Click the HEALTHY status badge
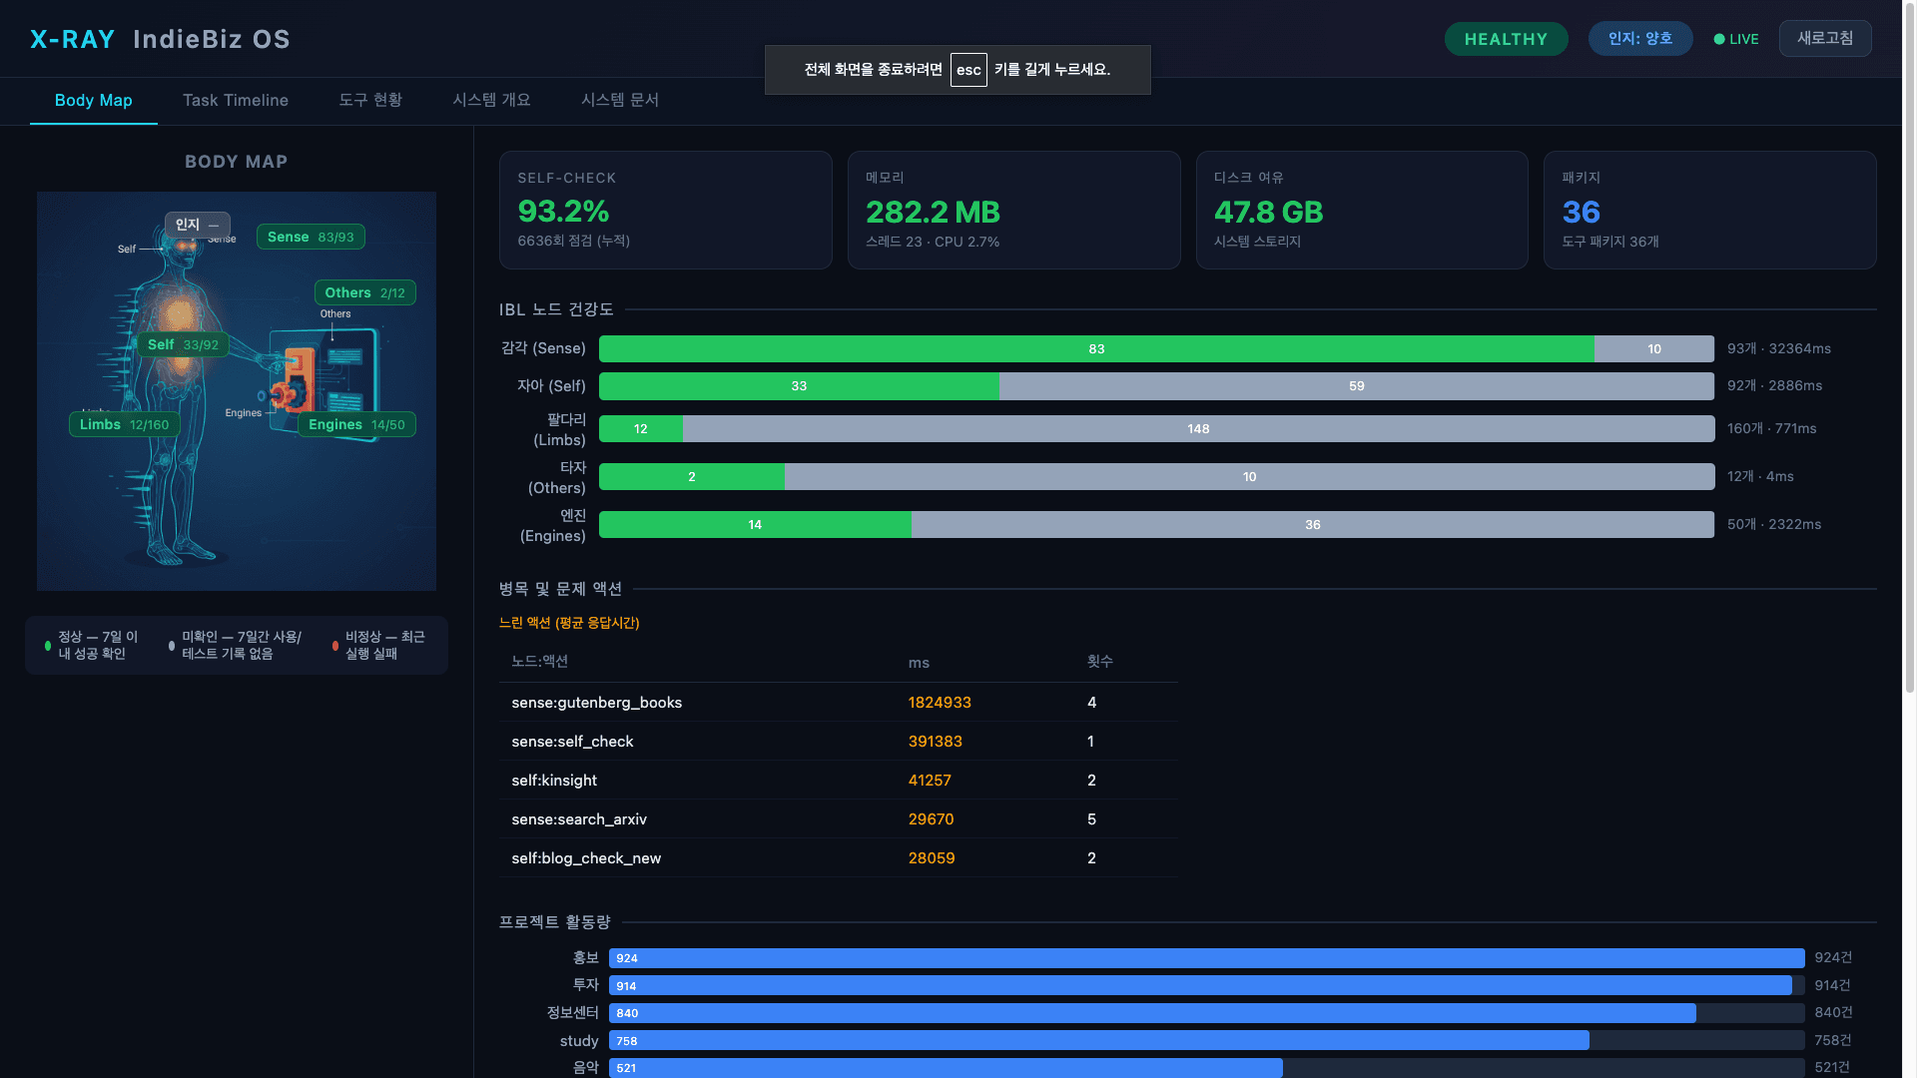[1506, 39]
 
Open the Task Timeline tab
[236, 100]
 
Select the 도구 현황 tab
[369, 100]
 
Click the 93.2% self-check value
[563, 212]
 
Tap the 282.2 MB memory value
[933, 213]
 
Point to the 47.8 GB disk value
[1268, 213]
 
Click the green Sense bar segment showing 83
[1096, 348]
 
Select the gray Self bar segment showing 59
[1356, 386]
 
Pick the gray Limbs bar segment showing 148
[1198, 429]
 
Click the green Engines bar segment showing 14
[755, 525]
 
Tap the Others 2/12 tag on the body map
[364, 292]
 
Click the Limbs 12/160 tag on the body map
[124, 424]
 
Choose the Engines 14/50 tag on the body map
[356, 424]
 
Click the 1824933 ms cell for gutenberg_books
[940, 703]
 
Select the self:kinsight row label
[554, 781]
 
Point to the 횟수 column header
[1099, 662]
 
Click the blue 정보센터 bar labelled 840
[1152, 1013]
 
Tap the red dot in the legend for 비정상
[335, 646]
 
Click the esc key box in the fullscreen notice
[968, 70]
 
